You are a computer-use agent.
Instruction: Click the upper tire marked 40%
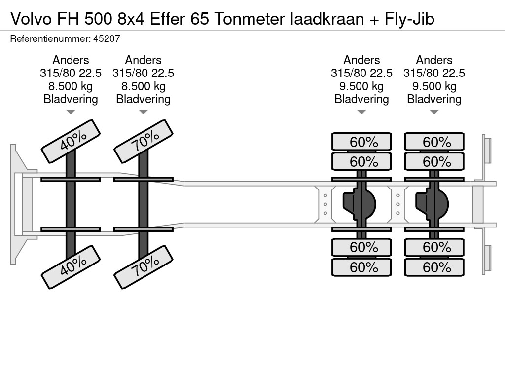pyautogui.click(x=71, y=141)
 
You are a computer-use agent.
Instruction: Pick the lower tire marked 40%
pyautogui.click(x=71, y=267)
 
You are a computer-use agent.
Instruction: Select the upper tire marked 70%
pyautogui.click(x=144, y=141)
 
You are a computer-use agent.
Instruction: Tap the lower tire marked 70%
pyautogui.click(x=144, y=267)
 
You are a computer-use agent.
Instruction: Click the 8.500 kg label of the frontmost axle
pyautogui.click(x=71, y=86)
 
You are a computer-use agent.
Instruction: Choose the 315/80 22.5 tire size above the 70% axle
pyautogui.click(x=143, y=73)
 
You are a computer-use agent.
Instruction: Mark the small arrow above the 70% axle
pyautogui.click(x=143, y=112)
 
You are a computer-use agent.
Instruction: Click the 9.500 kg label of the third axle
pyautogui.click(x=361, y=86)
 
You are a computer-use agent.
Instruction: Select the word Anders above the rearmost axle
pyautogui.click(x=434, y=60)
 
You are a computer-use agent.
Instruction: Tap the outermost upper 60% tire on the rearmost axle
pyautogui.click(x=434, y=142)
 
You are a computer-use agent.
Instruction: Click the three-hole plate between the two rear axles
pyautogui.click(x=398, y=204)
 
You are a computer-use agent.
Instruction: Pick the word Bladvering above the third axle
pyautogui.click(x=361, y=99)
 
